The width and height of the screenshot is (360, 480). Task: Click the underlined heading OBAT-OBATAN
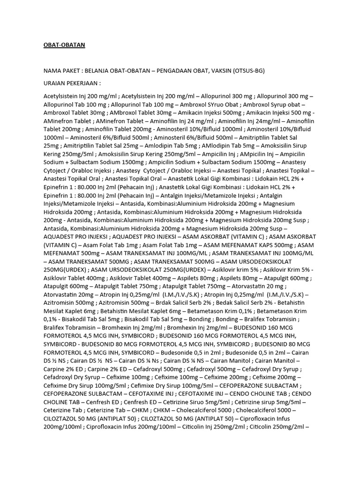point(64,45)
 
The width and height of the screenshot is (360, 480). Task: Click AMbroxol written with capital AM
point(125,112)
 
